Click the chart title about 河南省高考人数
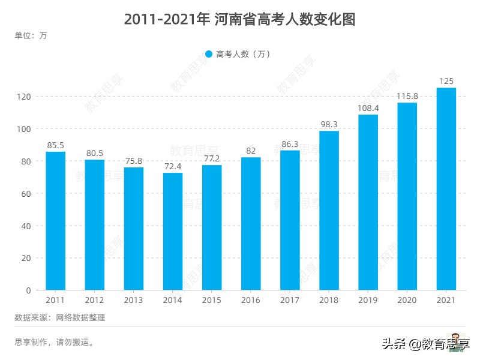coord(240,19)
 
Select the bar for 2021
coord(446,189)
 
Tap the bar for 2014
coord(173,232)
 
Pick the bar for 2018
coord(329,211)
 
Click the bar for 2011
coord(56,221)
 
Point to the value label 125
coord(446,81)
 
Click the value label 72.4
coord(173,166)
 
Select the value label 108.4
coord(368,108)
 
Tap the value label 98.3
coord(329,124)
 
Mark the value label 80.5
coord(95,153)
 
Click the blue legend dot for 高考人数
coord(209,54)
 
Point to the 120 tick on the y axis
coord(24,97)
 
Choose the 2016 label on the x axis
coord(251,300)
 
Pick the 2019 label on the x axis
coord(368,300)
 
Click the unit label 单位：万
coord(31,35)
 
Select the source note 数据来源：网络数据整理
coord(59,317)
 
